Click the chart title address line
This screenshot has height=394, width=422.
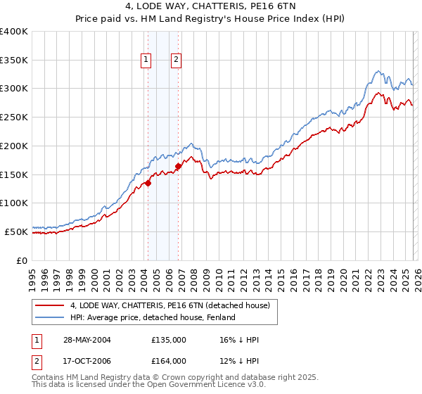(211, 8)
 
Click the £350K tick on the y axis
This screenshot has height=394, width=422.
(14, 61)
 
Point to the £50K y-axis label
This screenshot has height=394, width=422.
(16, 231)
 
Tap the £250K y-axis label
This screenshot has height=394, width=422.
(14, 117)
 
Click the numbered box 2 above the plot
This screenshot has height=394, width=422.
(176, 61)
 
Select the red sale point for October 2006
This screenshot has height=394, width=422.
(178, 167)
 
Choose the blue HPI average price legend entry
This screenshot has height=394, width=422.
(155, 318)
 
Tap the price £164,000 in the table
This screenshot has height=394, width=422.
(169, 361)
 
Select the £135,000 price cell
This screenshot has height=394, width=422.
(169, 339)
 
